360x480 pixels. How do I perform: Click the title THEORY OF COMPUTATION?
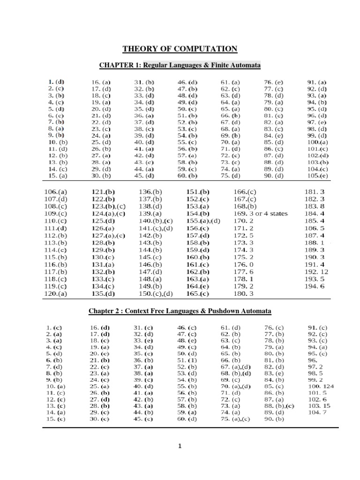(180, 49)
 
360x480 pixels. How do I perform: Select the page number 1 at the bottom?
(180, 447)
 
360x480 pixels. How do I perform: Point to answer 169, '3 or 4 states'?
(260, 213)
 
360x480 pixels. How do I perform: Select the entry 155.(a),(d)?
(203, 221)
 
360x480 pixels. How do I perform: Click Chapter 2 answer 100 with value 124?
(321, 386)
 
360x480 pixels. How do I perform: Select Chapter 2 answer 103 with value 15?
(319, 405)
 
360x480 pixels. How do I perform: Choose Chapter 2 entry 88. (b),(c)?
(279, 405)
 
